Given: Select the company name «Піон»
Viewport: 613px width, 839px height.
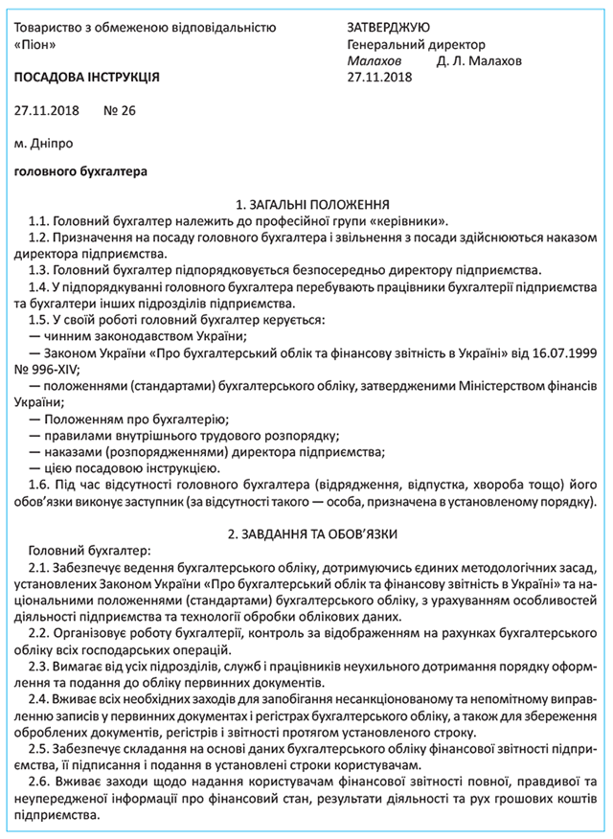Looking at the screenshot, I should tap(42, 44).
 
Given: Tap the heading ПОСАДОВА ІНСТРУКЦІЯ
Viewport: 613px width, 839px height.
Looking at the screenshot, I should tap(88, 76).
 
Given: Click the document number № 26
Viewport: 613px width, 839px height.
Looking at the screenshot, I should tap(120, 110).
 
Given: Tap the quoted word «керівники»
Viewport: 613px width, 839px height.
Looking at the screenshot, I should tap(407, 221).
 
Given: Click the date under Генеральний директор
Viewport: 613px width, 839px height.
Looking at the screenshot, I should tap(380, 77).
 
